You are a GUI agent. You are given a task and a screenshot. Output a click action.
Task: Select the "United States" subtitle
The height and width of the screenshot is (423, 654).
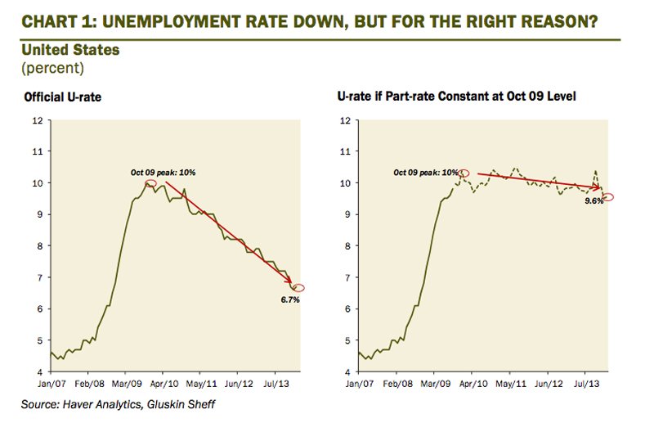[70, 51]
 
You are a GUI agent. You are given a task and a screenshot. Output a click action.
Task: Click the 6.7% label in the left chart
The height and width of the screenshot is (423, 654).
[291, 300]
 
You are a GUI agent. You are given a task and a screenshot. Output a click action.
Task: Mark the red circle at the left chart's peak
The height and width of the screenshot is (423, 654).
[150, 183]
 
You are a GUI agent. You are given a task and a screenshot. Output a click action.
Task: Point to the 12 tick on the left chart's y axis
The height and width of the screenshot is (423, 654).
[37, 120]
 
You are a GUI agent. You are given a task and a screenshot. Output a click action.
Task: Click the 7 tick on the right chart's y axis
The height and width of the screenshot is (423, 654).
[346, 277]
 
